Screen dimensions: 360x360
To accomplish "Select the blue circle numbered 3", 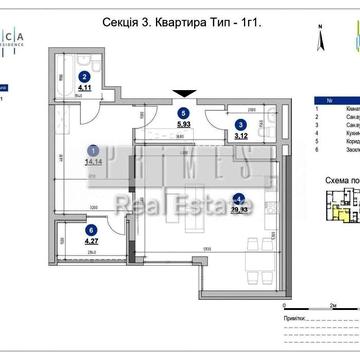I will (240, 125).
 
